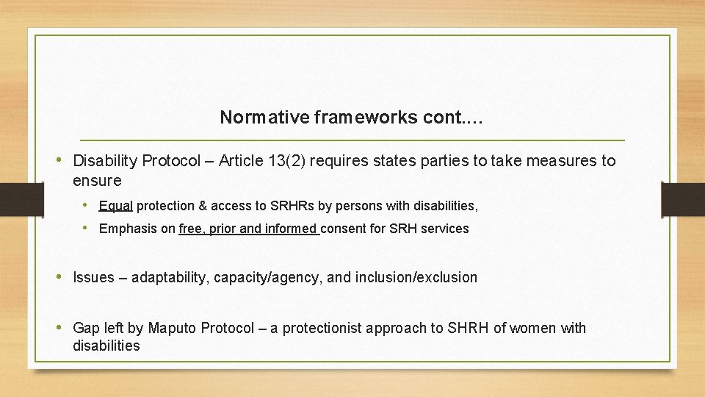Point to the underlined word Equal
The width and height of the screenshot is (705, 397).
coord(116,206)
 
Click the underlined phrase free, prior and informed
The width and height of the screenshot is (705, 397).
coord(249,229)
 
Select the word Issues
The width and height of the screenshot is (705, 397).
coord(94,277)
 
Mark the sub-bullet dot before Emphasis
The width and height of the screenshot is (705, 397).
coord(86,229)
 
